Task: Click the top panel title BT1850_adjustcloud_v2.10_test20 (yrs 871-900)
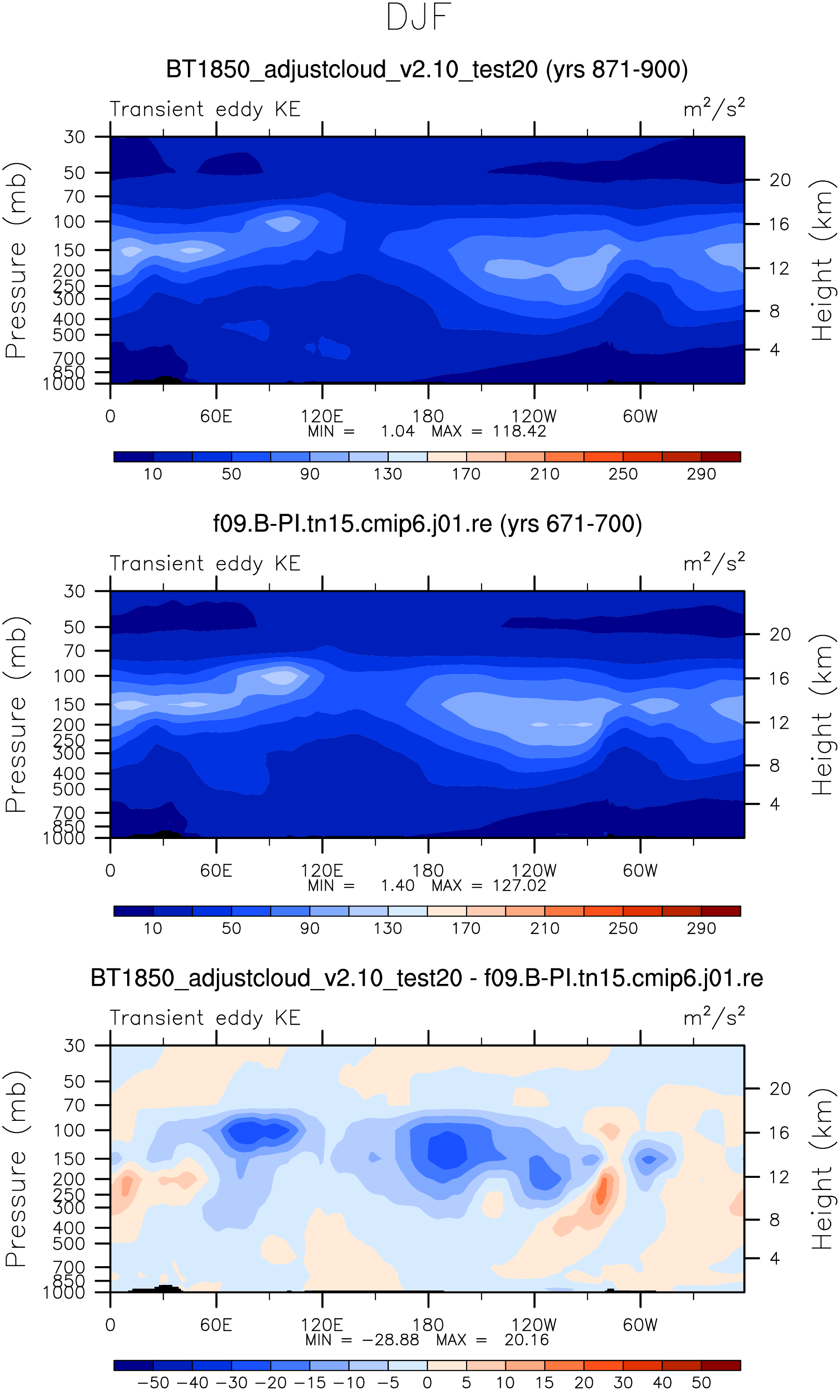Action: (427, 70)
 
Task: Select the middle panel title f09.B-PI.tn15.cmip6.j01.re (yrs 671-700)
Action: (427, 524)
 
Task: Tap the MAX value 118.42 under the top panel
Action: (519, 431)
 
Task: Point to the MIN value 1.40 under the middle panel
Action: (397, 886)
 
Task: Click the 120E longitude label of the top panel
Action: (322, 416)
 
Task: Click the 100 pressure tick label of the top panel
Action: (70, 222)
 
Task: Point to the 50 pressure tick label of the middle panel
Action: (74, 627)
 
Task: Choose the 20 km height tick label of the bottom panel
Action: (780, 1089)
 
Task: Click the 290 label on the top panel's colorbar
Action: (701, 474)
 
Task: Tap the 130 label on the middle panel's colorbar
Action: (388, 929)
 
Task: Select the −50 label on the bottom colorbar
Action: (153, 1383)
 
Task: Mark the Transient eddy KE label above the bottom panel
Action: (205, 1018)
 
